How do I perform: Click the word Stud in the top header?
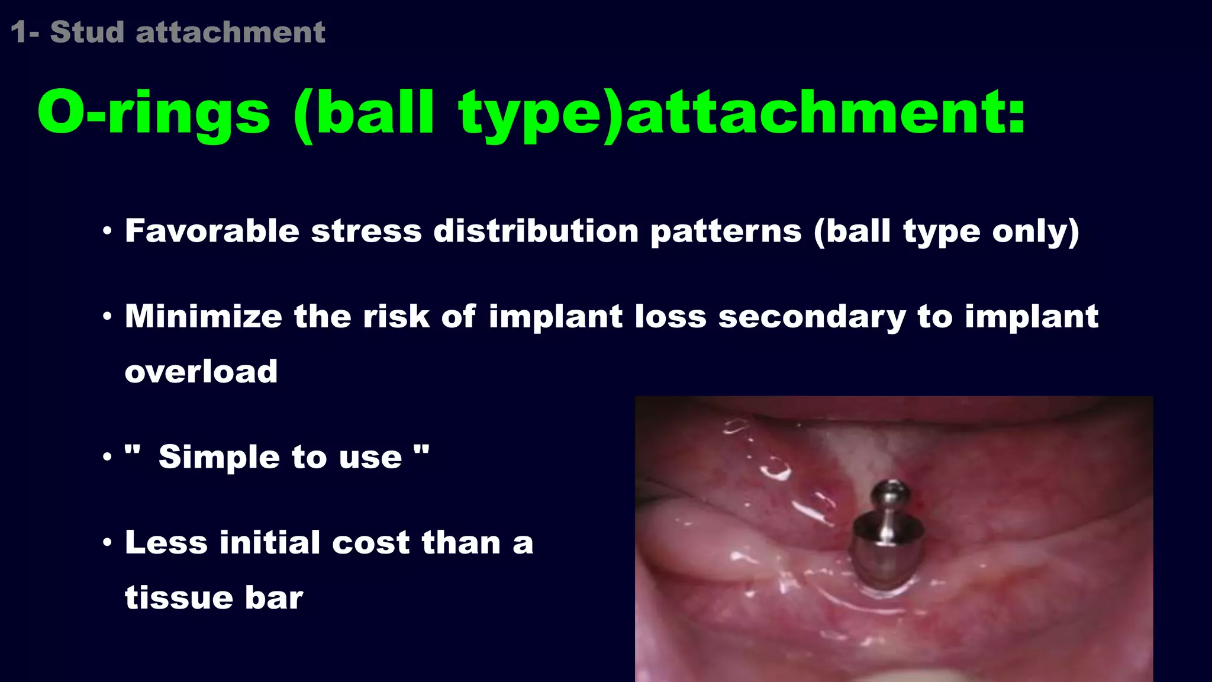click(87, 32)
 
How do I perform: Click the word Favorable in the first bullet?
click(212, 231)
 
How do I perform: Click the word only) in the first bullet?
click(1036, 232)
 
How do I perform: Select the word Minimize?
click(203, 316)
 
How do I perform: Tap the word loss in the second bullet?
click(670, 316)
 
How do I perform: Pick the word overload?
click(201, 372)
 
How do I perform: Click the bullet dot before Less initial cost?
click(107, 542)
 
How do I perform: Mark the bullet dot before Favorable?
click(107, 231)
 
